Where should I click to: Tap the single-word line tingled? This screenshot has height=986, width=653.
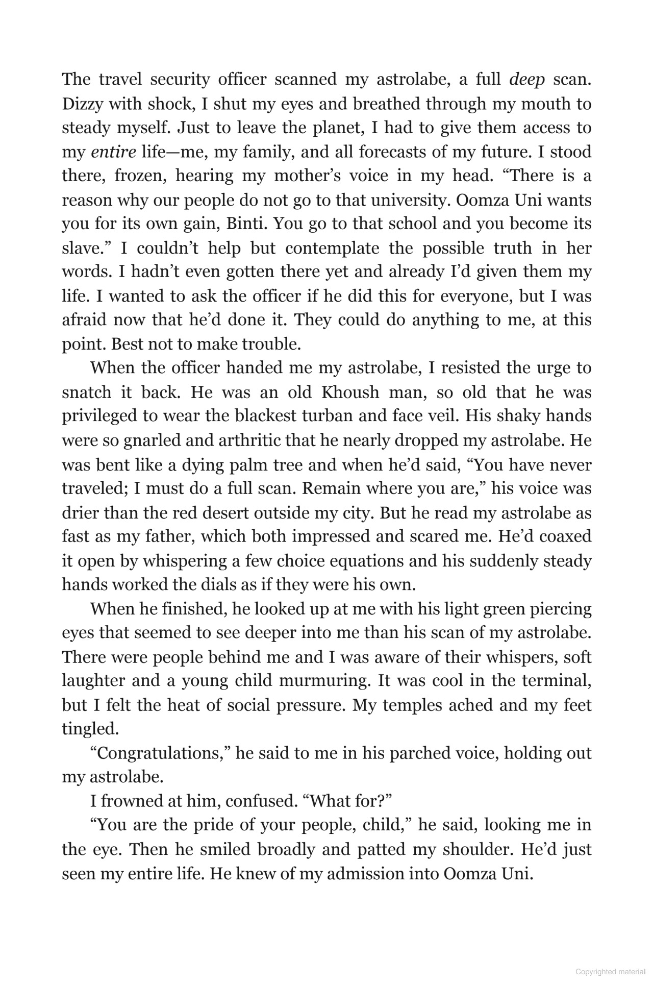pos(90,729)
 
